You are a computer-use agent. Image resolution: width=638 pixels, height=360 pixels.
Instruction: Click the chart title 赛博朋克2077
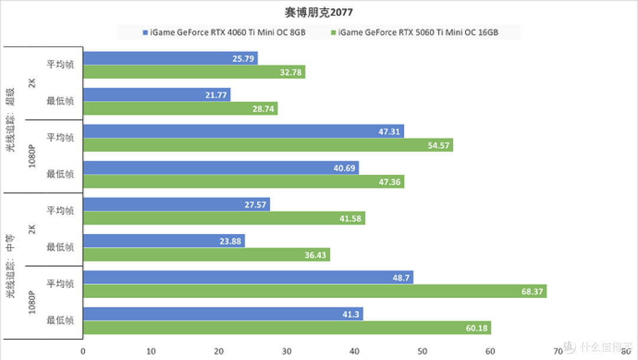coord(319,12)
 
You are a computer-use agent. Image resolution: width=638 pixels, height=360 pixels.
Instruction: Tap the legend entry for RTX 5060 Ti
coord(418,33)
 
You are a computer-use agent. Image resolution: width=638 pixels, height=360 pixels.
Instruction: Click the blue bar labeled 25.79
coord(170,59)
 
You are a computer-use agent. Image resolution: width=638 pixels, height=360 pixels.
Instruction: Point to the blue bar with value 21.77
coord(157,95)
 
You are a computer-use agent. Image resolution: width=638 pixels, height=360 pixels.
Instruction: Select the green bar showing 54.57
coord(268,145)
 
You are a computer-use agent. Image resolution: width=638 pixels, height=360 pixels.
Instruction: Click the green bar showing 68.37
coord(314,291)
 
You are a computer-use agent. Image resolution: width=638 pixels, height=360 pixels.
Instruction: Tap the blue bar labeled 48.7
coord(248,277)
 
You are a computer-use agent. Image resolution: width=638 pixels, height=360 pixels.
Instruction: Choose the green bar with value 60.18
coord(287,328)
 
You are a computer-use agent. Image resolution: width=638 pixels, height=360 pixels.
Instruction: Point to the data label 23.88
coord(229,241)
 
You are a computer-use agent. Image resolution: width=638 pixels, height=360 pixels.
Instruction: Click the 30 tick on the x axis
coord(287,351)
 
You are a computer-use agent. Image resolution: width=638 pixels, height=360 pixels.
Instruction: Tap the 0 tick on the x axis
coord(83,351)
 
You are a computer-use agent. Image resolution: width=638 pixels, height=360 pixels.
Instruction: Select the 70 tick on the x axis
coord(558,351)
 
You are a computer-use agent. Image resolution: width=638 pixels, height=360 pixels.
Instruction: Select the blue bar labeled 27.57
coord(176,205)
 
